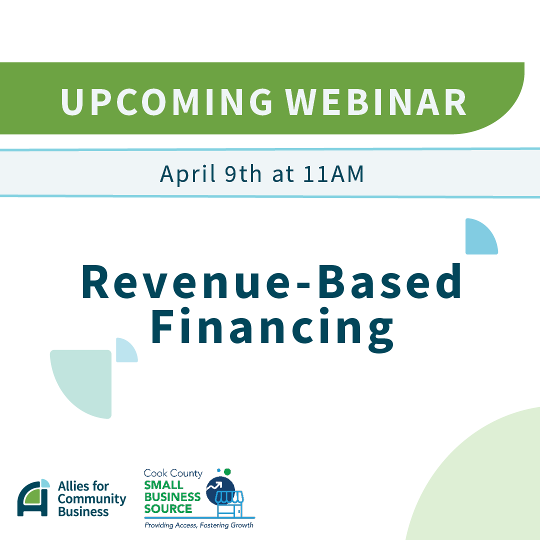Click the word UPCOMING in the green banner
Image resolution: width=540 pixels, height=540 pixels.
166,102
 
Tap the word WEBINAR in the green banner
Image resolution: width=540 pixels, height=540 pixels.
375,102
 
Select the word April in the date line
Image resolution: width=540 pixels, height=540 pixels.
188,174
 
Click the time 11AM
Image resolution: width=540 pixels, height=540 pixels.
333,174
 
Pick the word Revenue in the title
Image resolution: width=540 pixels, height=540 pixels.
185,281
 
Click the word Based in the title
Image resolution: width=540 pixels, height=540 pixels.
389,280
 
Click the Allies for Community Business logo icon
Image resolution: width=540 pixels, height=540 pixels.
33,497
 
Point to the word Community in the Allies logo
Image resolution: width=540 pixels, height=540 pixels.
92,499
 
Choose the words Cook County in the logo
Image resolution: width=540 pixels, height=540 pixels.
173,473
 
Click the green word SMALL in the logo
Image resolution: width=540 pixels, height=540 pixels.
163,485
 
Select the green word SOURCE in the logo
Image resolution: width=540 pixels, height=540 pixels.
168,508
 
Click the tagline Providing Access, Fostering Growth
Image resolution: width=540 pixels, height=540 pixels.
198,525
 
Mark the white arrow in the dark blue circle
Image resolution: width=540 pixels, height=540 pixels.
214,486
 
